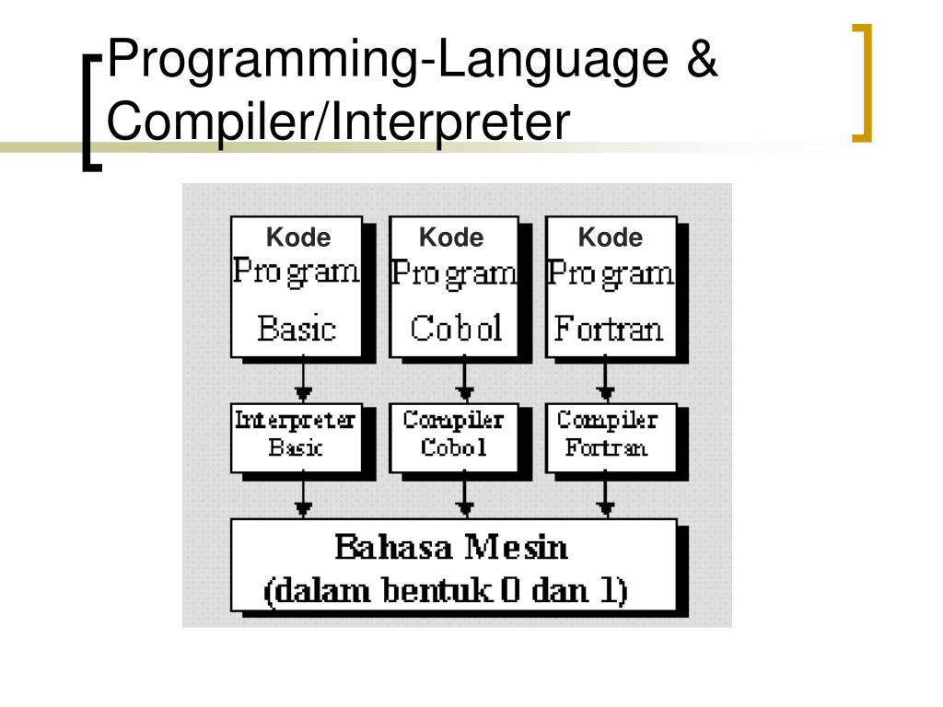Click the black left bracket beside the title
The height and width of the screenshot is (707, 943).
tap(90, 110)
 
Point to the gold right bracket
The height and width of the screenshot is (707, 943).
tap(863, 83)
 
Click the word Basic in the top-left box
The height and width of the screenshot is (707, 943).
tap(297, 329)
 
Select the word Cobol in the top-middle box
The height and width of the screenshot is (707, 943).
tap(457, 329)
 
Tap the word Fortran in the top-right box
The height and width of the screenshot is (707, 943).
tap(610, 329)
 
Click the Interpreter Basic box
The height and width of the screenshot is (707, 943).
tap(295, 435)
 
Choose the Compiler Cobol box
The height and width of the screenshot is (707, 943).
tap(453, 435)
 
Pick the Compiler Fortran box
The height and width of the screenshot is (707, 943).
tap(608, 435)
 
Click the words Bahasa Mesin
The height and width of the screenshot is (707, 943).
tap(450, 549)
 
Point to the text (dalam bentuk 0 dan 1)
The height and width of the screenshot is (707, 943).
tap(446, 590)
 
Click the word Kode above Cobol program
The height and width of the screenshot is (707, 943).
tap(450, 238)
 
